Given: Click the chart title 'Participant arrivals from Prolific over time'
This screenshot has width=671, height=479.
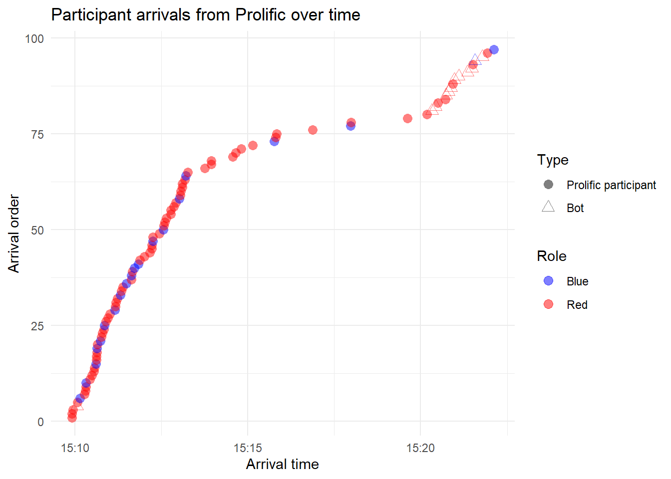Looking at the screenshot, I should click(x=205, y=15).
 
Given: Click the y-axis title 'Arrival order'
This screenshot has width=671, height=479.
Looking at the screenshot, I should click(x=14, y=234).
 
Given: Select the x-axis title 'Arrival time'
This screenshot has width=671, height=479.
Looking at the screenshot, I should click(x=282, y=465).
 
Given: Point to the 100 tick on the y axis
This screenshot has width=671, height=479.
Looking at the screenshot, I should click(x=34, y=38).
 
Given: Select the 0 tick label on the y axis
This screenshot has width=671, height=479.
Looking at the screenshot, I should click(x=40, y=422).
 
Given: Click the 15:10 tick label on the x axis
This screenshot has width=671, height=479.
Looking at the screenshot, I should click(x=75, y=448).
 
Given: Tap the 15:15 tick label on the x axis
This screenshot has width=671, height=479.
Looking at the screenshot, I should click(x=248, y=448).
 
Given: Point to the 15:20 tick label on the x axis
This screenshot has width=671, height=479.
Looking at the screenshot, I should click(x=420, y=448).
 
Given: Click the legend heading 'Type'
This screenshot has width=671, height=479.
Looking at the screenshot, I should click(x=553, y=160).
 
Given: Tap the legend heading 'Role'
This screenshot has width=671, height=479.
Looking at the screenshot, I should click(x=552, y=256).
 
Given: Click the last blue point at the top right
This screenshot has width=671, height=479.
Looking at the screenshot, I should click(x=494, y=49).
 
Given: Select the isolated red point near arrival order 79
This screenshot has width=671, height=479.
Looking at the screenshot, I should click(x=407, y=118).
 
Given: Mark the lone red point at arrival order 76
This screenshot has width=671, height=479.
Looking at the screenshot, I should click(x=313, y=130).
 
